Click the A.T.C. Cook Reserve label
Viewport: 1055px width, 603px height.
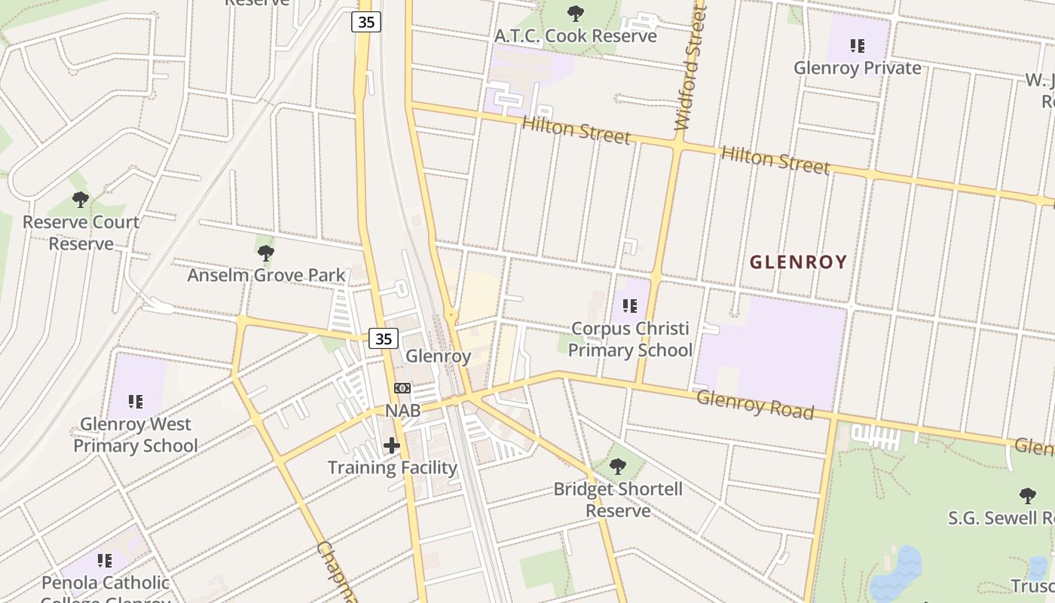point(575,35)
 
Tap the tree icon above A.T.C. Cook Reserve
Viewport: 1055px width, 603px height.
point(575,13)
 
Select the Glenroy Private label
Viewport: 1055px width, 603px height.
point(857,68)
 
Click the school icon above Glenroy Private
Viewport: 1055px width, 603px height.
point(857,46)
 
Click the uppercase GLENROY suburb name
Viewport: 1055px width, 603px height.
point(799,262)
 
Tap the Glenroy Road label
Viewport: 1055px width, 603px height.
point(755,405)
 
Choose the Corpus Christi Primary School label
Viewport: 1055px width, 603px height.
point(629,339)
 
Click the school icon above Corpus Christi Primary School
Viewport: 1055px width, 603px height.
point(629,306)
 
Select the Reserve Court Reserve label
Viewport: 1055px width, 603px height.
point(81,233)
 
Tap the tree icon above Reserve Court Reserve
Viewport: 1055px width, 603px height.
point(81,200)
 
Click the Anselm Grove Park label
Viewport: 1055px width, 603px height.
point(266,275)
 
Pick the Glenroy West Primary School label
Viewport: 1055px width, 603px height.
point(136,435)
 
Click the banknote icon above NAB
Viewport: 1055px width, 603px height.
point(402,388)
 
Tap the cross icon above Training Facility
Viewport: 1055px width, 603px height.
point(392,445)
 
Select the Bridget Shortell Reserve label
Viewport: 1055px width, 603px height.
point(618,500)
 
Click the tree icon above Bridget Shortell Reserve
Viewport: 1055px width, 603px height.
point(618,467)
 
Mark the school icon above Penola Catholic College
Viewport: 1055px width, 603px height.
point(105,561)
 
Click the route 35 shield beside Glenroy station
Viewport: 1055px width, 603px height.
point(384,339)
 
